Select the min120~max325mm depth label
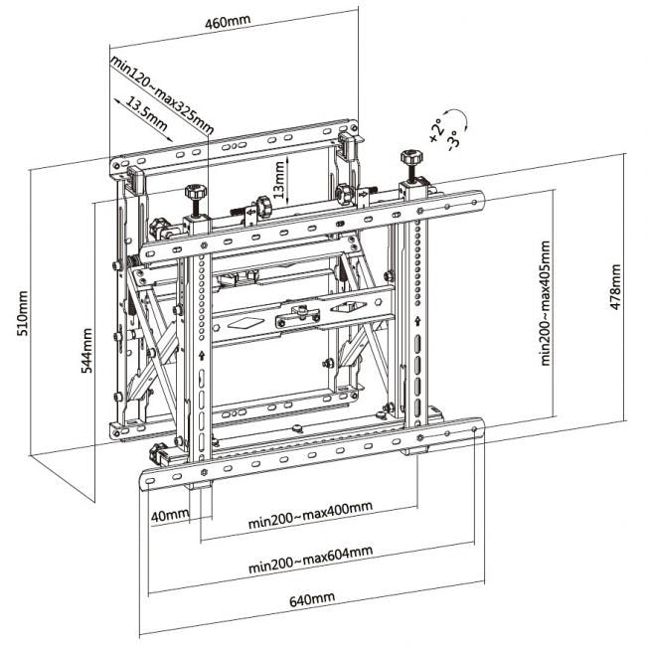point(163,95)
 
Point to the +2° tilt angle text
point(435,128)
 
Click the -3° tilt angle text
point(451,136)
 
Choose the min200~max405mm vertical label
point(546,304)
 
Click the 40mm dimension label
point(170,516)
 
